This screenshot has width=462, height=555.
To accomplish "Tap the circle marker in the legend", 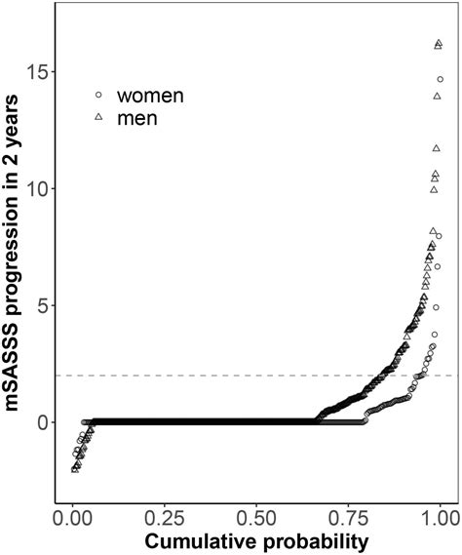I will pos(97,96).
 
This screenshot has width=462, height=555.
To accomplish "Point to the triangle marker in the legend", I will pos(97,117).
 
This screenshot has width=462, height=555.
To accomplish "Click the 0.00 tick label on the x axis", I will pos(73,512).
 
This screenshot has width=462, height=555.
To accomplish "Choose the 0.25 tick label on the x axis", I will pos(165,512).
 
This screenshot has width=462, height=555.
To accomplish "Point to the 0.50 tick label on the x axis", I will pos(256,512).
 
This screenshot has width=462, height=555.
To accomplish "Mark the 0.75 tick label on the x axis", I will pos(348,512).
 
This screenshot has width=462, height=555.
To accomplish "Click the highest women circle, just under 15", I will pos(441,80).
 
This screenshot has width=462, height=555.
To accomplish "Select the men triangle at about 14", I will pos(435,96).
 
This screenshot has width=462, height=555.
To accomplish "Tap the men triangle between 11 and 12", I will pos(436,148).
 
